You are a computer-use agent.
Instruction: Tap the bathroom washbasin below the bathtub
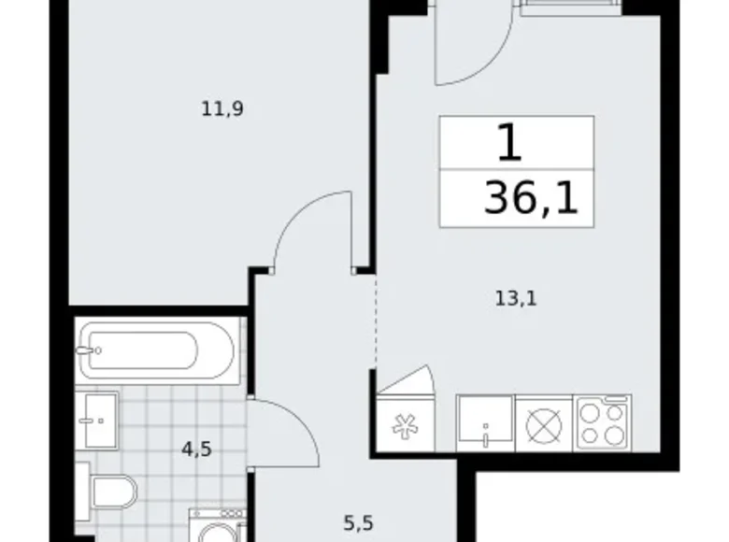tap(98, 420)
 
